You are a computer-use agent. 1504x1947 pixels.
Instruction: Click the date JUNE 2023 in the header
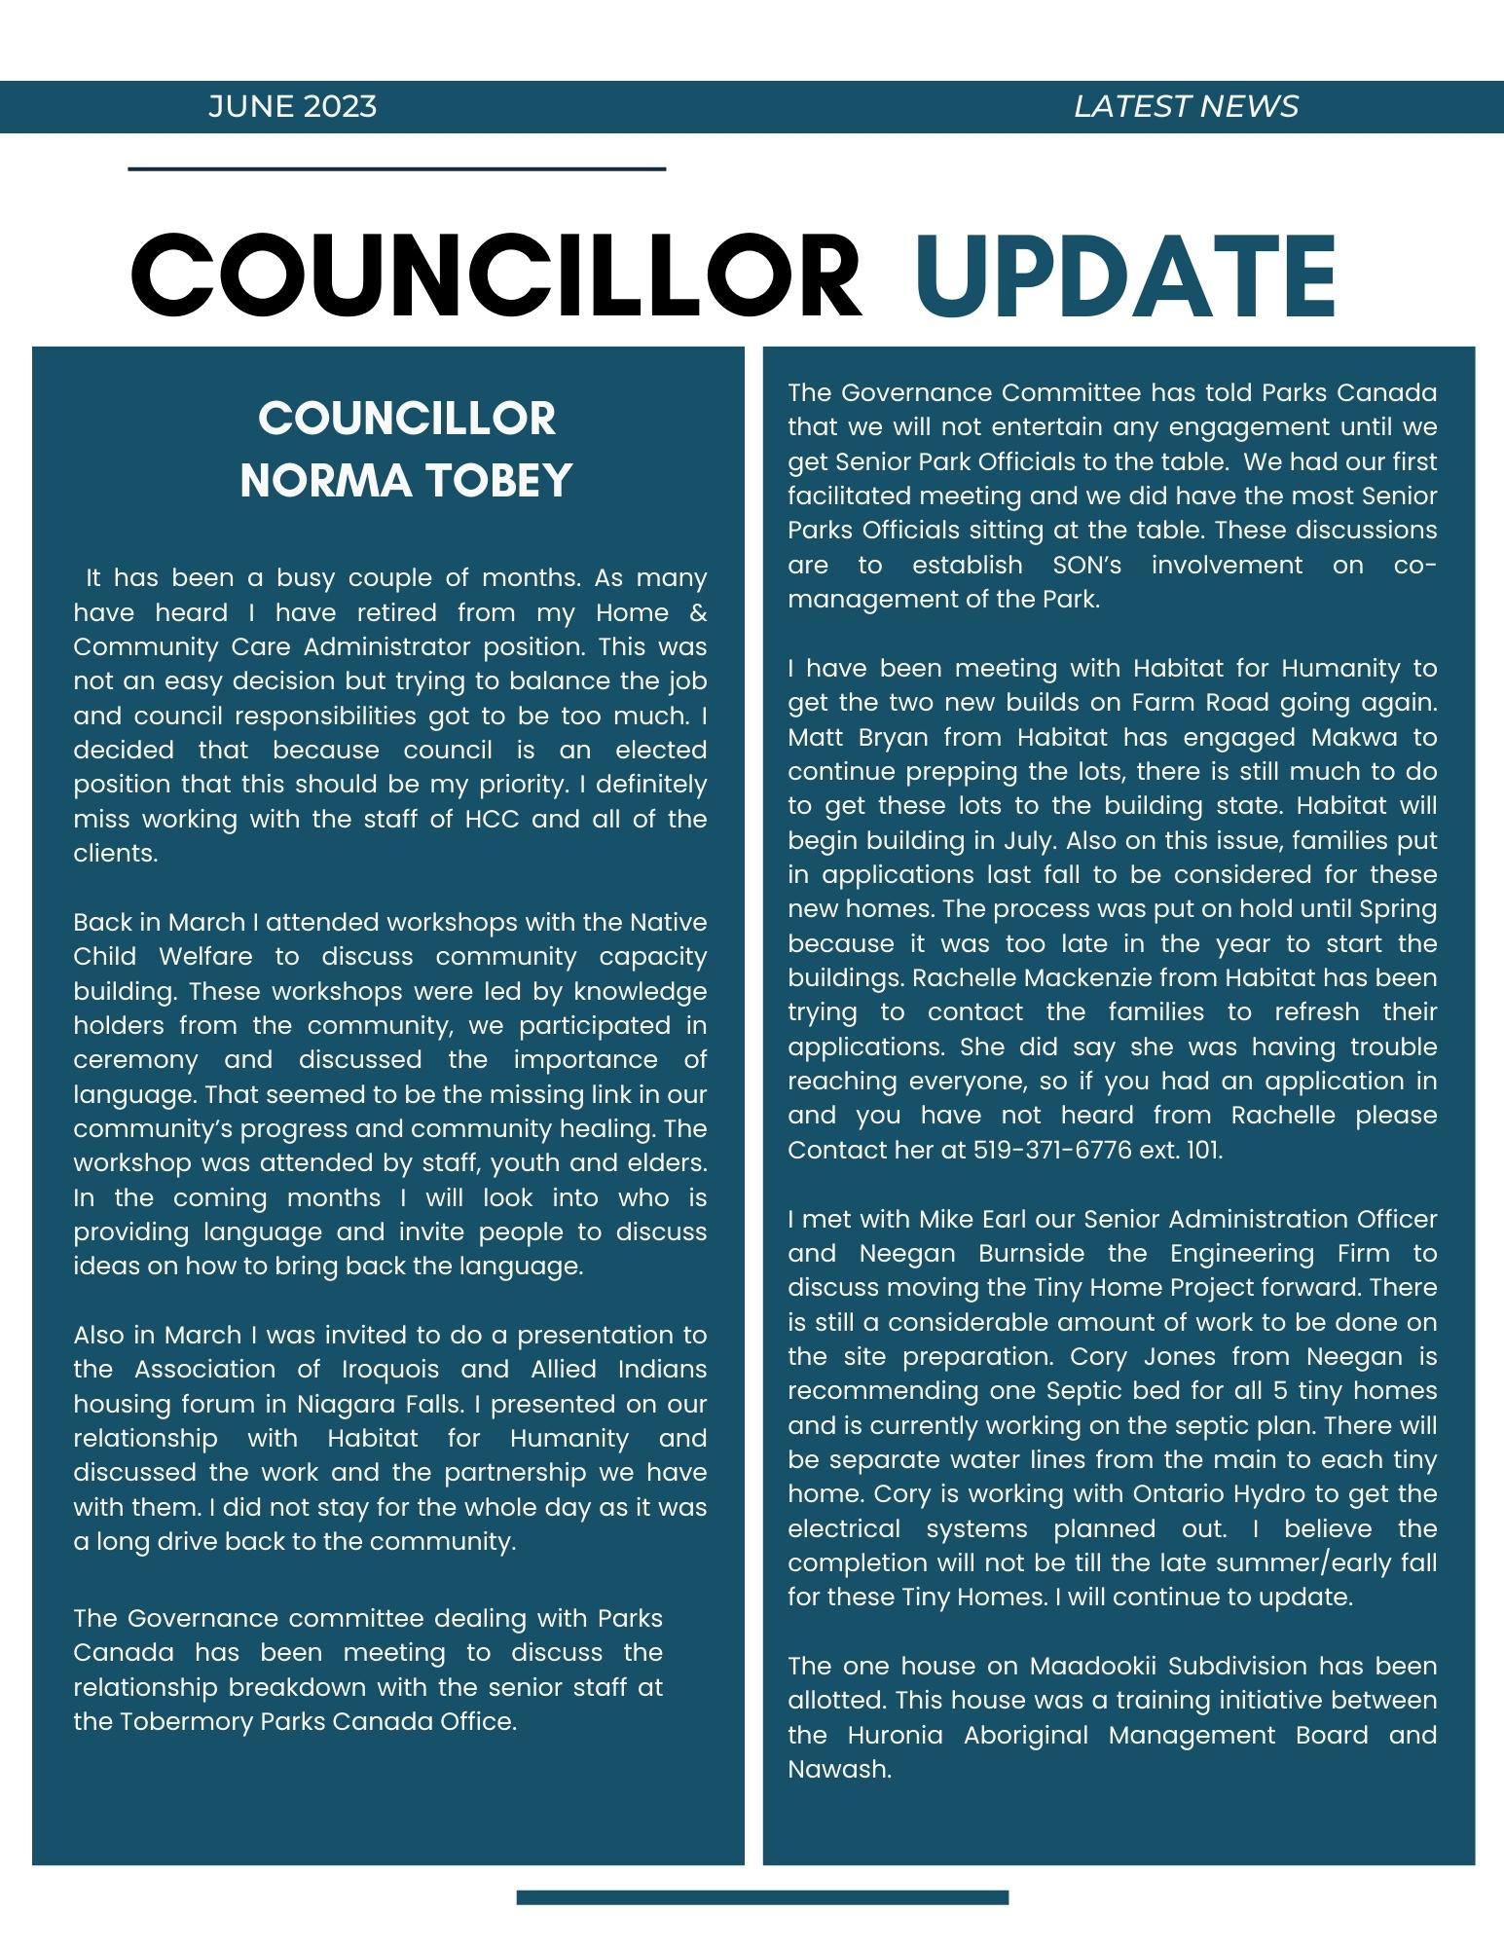point(292,106)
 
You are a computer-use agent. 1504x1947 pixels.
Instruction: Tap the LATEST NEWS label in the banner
point(1186,106)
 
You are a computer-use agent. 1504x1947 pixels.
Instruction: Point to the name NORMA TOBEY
point(406,480)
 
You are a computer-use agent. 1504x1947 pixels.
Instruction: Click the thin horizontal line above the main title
point(396,169)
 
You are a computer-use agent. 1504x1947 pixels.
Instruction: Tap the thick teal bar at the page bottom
point(762,1896)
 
